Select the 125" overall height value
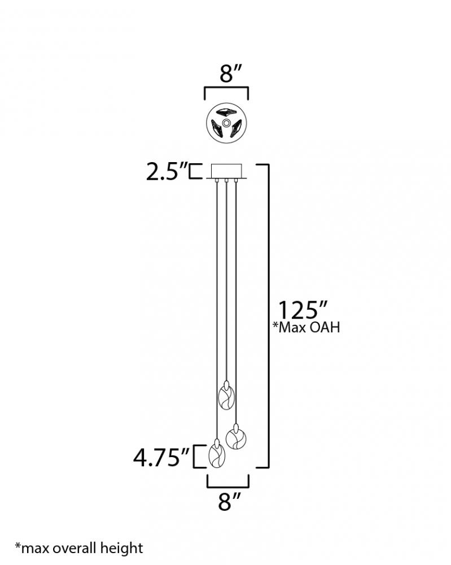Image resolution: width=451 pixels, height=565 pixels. point(303,310)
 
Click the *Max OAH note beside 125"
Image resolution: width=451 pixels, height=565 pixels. point(306,327)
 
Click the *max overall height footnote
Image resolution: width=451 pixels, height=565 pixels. point(79,548)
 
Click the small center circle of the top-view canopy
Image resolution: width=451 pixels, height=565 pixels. point(226,123)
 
